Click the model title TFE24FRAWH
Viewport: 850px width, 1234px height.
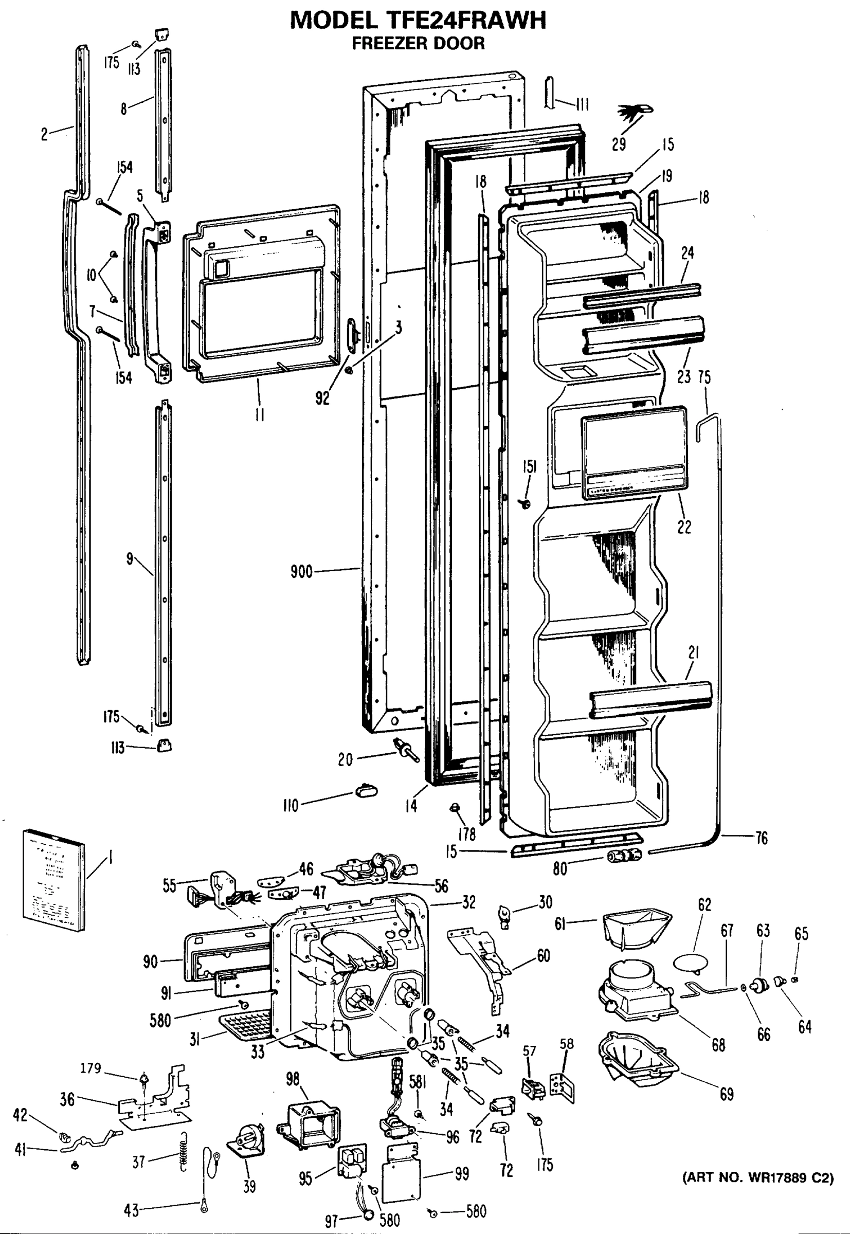(419, 20)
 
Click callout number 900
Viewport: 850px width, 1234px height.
(301, 573)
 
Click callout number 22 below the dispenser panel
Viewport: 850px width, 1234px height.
(684, 527)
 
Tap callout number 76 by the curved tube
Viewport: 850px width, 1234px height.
(762, 838)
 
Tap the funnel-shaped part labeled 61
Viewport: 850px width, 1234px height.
(637, 930)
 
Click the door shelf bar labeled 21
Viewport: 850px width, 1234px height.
(650, 699)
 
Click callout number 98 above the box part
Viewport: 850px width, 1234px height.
(293, 1079)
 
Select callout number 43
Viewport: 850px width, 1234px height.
(131, 1210)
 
